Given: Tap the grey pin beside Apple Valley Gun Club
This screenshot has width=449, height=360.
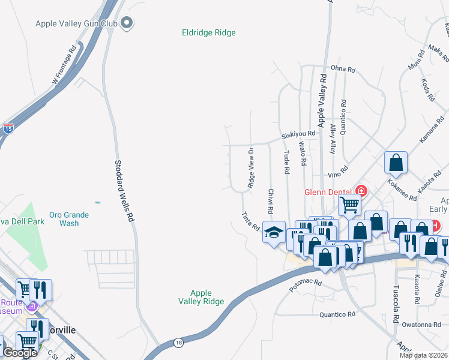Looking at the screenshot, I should (x=126, y=23).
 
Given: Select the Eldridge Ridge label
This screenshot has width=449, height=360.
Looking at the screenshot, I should (x=209, y=33).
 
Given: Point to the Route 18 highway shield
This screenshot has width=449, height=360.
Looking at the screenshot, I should (x=178, y=342).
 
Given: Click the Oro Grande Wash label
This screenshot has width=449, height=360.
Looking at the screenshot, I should (x=69, y=219).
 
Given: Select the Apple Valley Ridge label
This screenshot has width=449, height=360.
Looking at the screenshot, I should (x=201, y=298).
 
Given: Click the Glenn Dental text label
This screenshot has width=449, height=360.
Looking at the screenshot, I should (x=328, y=192).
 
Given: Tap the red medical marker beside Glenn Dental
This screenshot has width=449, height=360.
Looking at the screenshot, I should (x=361, y=191).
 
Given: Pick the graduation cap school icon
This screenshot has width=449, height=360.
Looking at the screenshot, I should (x=274, y=232).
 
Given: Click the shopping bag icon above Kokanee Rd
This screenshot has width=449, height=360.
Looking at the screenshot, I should (x=396, y=162).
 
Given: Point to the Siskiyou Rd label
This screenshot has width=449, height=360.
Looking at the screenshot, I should (x=298, y=134).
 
